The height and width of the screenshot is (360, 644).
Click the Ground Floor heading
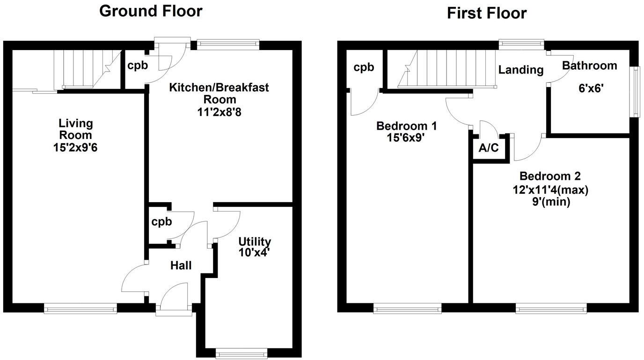151,11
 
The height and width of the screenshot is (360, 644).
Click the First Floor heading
487,13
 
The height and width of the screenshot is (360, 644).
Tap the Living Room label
76,129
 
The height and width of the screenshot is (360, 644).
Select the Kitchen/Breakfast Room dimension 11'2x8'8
219,112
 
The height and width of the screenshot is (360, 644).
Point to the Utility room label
255,242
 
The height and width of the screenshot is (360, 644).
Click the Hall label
181,265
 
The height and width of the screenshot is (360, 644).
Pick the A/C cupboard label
488,149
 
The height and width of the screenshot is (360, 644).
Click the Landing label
520,70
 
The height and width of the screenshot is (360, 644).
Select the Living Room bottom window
80,308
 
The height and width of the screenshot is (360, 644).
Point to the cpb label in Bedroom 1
364,67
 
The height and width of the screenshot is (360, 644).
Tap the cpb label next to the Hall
161,221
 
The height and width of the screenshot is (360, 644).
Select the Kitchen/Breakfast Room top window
228,44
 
